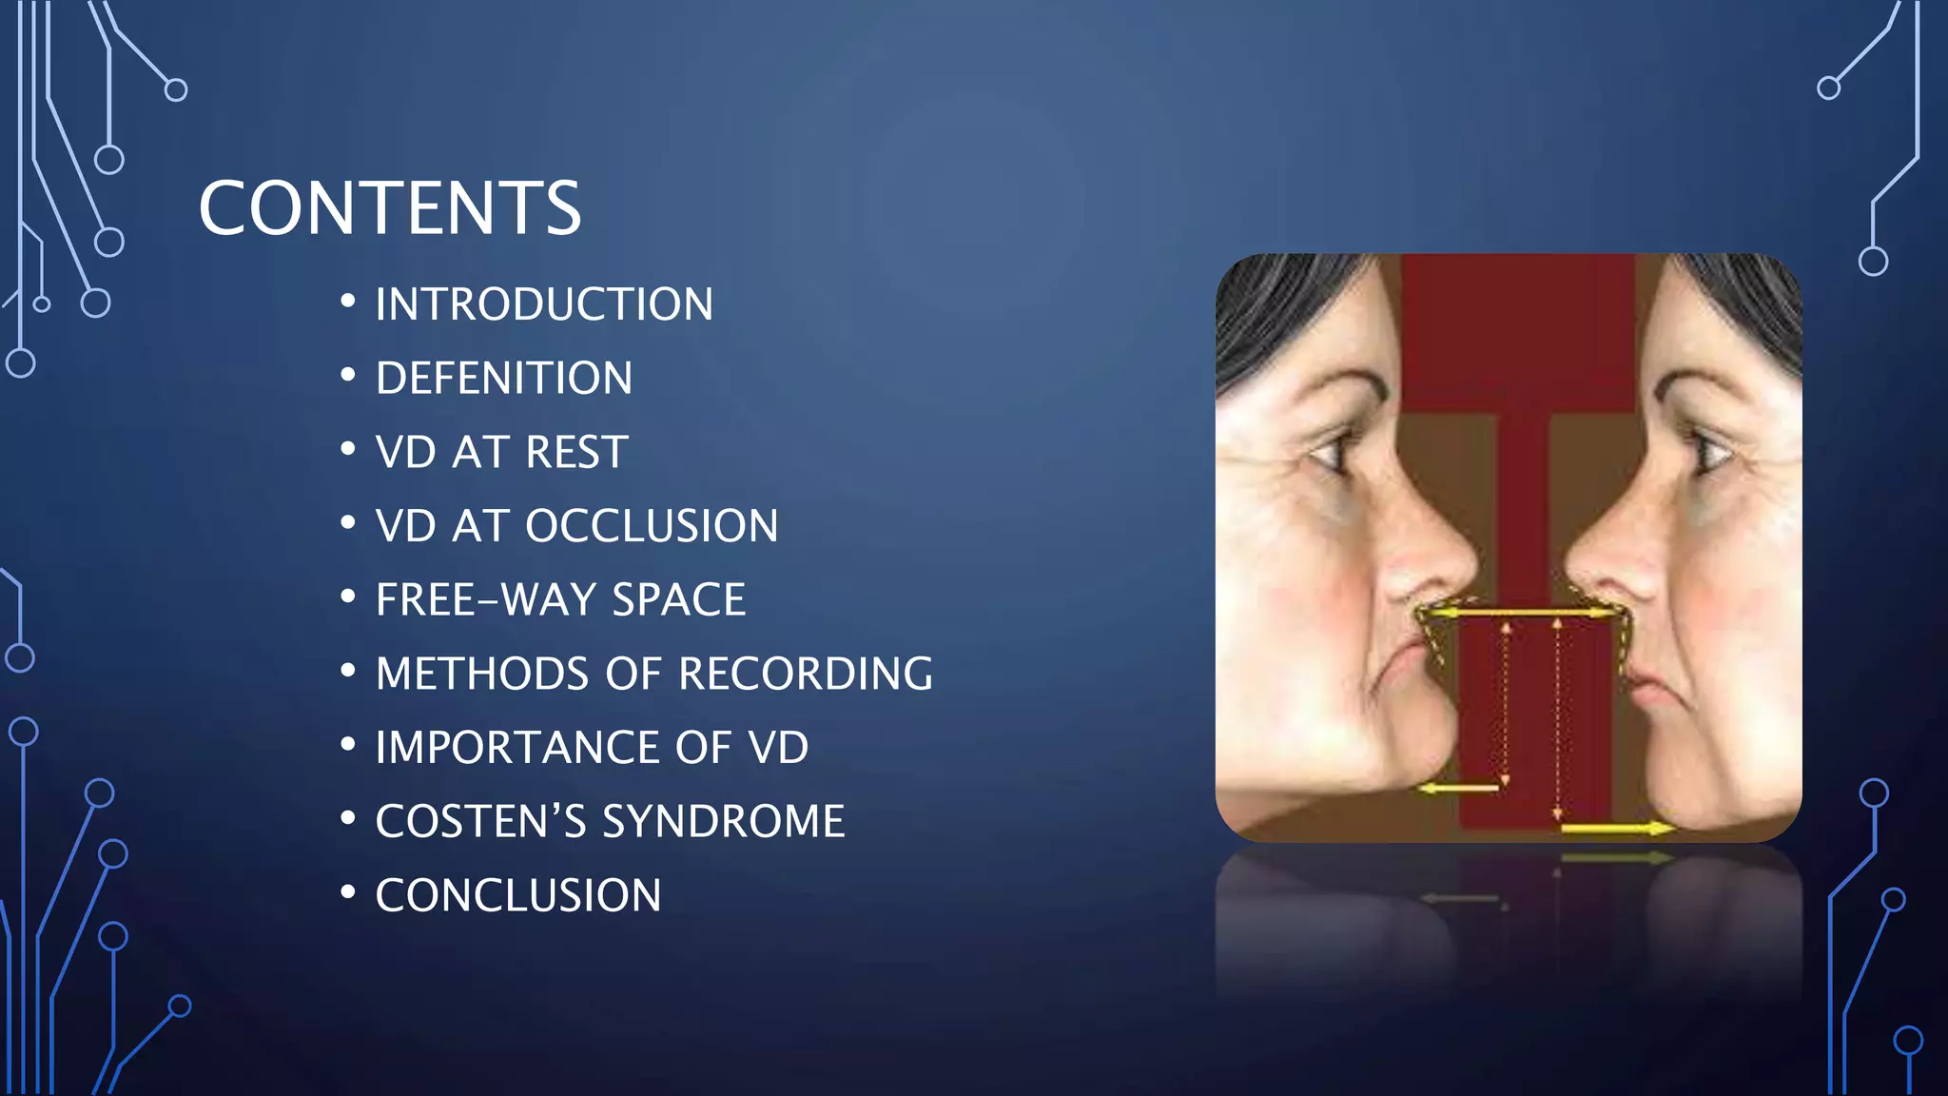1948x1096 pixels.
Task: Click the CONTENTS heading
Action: coord(389,208)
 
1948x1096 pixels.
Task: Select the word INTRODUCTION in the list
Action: coord(544,304)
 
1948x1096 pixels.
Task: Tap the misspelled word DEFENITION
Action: coord(504,379)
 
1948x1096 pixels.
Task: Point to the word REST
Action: coord(576,452)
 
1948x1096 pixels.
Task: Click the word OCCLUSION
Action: coord(652,526)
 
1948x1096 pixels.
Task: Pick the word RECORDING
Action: coord(806,674)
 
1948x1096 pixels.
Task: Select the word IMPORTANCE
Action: coord(516,748)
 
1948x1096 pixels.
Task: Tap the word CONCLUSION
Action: coord(518,895)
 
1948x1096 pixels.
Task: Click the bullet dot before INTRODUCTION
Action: coord(348,302)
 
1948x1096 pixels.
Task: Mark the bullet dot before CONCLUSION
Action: coord(348,892)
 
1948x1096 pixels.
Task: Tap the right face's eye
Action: coord(1707,453)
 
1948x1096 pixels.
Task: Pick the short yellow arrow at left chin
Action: coord(1457,788)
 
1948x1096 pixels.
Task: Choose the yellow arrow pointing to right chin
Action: coord(1617,829)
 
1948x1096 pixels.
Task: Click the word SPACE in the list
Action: coord(678,600)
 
